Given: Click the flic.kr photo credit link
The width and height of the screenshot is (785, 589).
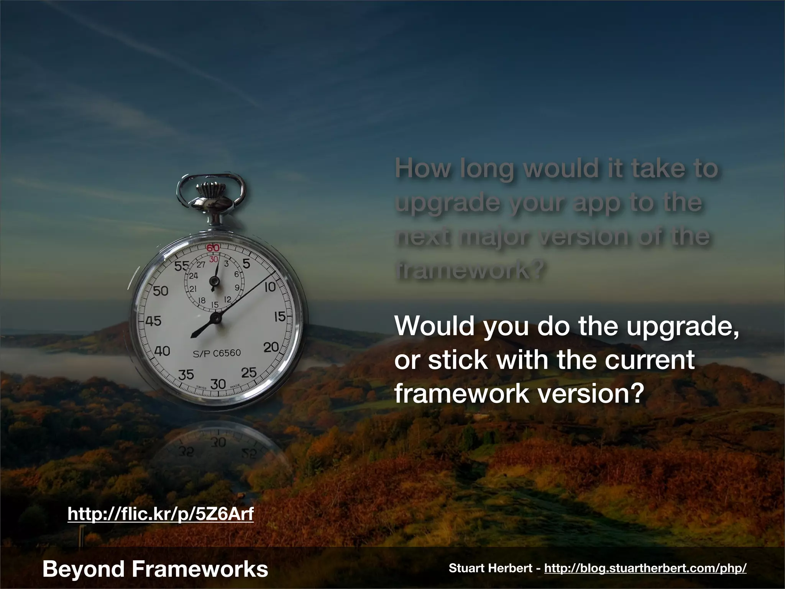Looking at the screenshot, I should (161, 513).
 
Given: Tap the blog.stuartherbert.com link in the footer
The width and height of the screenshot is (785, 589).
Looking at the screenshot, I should (645, 568).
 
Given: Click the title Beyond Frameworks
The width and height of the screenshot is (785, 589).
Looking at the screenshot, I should (155, 569).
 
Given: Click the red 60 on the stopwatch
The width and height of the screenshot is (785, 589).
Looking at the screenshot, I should (213, 248).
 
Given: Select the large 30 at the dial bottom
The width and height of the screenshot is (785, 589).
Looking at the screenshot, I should (219, 383).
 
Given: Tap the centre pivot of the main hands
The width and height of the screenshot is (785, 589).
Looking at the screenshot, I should (217, 318).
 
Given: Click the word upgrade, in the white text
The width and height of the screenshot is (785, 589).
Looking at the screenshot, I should (666, 326).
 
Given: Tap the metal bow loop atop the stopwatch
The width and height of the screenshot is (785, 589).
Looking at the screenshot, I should (210, 185).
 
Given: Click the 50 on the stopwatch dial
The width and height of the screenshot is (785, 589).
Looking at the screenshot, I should (161, 291).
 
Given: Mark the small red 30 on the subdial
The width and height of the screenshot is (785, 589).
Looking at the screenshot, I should (213, 260).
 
